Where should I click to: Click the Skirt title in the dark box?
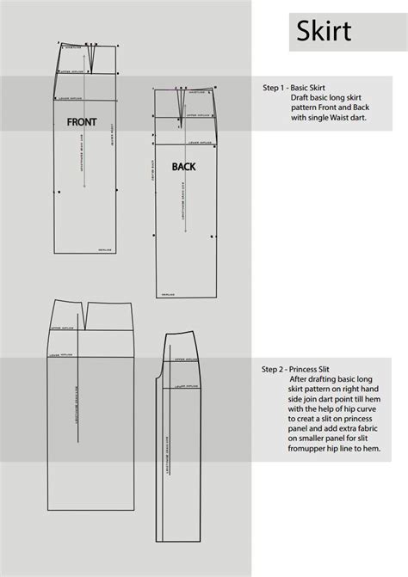point(324,33)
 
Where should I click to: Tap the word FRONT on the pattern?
point(82,122)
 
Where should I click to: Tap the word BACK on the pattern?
point(185,167)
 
